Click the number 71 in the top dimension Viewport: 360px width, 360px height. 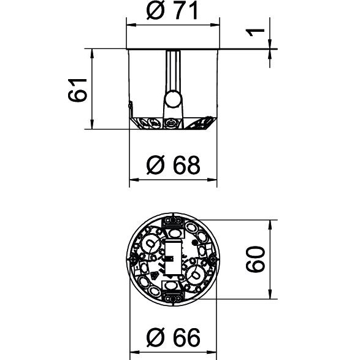186,11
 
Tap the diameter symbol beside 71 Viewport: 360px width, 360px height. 156,11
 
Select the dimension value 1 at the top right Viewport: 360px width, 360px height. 255,33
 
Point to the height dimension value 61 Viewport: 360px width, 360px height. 77,90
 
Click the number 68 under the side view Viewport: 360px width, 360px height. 186,165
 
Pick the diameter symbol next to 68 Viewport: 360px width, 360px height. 156,165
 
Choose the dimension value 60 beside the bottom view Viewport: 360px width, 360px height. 255,259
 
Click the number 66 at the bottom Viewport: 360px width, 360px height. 186,337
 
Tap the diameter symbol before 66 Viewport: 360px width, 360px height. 156,337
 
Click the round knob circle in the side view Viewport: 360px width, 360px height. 173,99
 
